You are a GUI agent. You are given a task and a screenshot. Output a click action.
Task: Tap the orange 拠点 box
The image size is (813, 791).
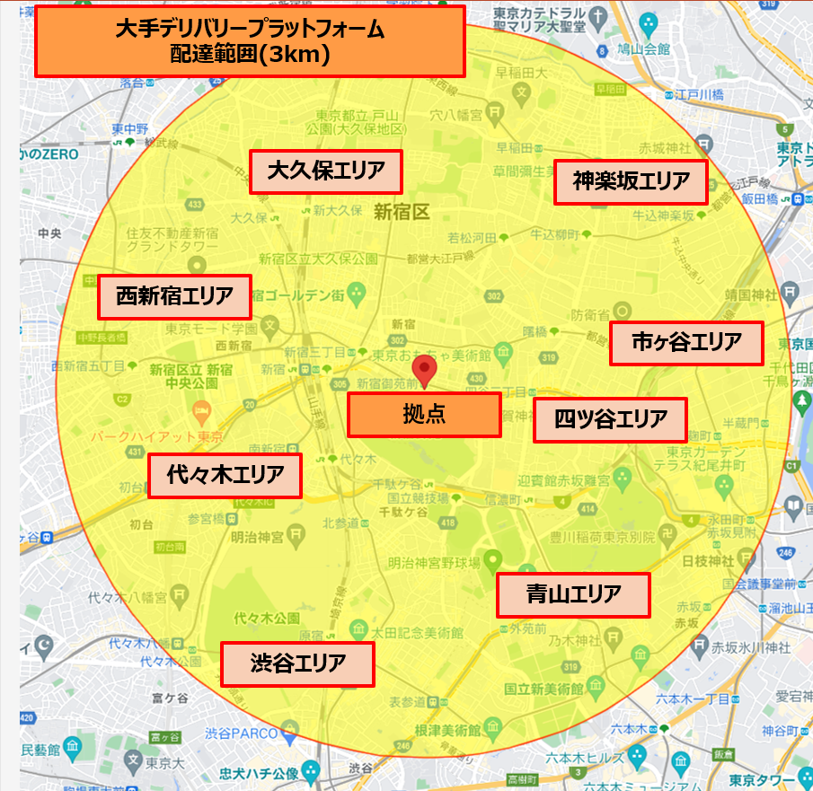pos(424,415)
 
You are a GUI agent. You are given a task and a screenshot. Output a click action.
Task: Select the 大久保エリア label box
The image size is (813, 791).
pos(325,171)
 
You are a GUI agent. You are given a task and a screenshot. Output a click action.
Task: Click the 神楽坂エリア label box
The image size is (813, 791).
pos(631,182)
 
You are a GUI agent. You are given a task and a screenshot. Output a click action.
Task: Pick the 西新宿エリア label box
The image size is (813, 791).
pos(174,295)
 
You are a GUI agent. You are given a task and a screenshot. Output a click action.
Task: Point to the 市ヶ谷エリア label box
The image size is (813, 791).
pos(686,343)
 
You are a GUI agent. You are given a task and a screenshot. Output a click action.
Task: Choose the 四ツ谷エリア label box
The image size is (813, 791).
pos(610,420)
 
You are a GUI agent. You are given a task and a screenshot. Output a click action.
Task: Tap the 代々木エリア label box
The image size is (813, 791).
pos(225,475)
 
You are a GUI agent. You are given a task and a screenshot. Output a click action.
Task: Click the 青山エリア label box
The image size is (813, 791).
pos(573,594)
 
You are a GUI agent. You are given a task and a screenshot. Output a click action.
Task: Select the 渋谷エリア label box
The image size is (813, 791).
pos(297,664)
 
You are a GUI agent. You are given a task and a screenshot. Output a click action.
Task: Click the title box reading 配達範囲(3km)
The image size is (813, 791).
pos(250,41)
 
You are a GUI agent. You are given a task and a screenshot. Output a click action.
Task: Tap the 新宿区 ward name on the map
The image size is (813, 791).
pos(402,213)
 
